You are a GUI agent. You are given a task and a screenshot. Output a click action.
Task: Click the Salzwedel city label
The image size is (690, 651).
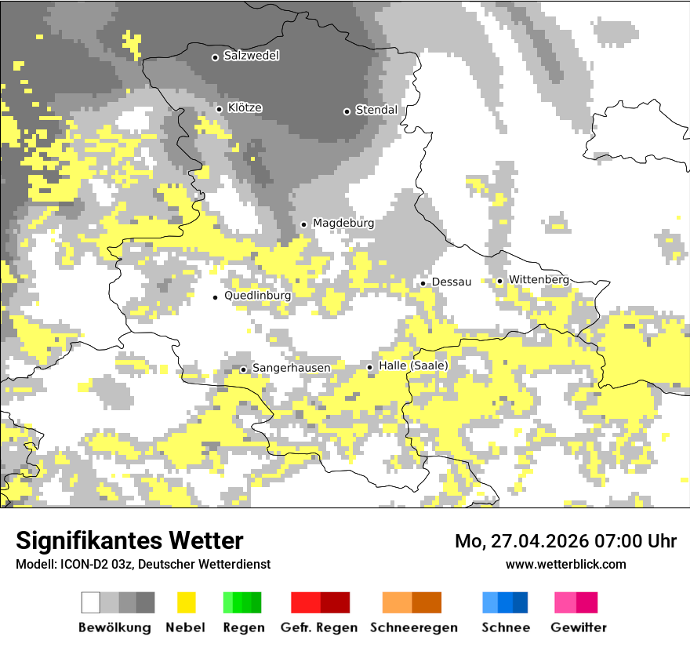[x=251, y=56]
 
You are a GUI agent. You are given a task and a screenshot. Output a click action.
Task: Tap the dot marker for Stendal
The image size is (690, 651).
[x=347, y=111]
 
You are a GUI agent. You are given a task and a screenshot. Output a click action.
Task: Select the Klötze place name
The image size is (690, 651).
[x=245, y=107]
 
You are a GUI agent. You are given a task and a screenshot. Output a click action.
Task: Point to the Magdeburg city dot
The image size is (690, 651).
[x=304, y=224]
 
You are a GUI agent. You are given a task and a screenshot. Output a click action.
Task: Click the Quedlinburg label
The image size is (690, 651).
[x=257, y=296]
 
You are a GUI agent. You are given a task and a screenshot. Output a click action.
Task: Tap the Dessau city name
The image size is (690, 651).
[x=452, y=282]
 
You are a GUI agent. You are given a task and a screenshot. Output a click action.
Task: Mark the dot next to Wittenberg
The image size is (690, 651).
[x=499, y=281]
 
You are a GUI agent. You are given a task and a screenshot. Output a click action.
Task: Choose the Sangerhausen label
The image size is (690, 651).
[x=291, y=368]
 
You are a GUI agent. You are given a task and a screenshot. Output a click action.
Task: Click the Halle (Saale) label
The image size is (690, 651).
[x=413, y=366]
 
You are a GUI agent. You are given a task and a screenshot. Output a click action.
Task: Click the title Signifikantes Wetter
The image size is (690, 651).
[x=129, y=540]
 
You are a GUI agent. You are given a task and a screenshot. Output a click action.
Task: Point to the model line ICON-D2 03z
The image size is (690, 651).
[x=143, y=564]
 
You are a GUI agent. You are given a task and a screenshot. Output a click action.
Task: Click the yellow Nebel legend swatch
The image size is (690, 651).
[x=186, y=602]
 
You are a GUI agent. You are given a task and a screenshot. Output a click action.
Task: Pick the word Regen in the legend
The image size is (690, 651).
[x=242, y=627]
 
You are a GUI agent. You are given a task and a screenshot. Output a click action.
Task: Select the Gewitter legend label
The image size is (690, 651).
[x=578, y=627]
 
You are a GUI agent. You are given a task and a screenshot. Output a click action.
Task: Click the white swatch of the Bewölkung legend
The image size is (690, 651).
[x=91, y=602]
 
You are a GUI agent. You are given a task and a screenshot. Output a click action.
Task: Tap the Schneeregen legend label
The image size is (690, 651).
[x=413, y=627]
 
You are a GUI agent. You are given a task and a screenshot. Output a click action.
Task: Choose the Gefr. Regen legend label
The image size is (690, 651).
[x=319, y=627]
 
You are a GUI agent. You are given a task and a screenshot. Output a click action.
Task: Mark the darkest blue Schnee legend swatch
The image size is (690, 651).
[x=521, y=602]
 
